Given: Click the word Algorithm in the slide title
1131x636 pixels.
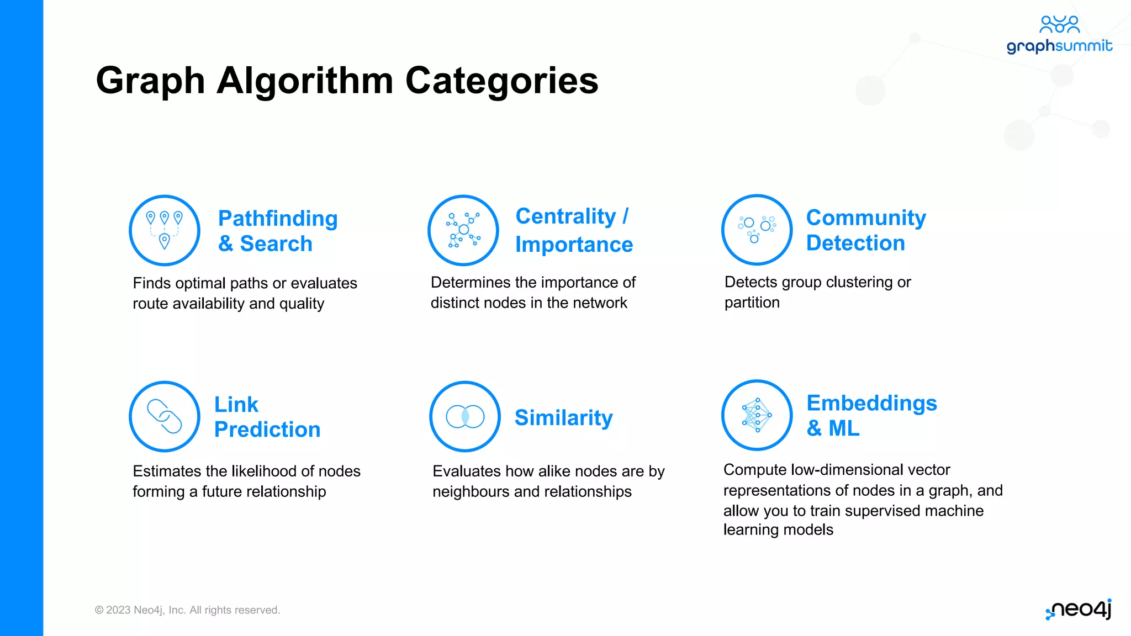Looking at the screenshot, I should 304,81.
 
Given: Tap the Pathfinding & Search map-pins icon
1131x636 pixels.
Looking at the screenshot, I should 164,230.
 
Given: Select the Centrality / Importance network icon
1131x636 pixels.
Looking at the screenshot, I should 463,230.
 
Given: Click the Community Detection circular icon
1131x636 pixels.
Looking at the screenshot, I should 757,230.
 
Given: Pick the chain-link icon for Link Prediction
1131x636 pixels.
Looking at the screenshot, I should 164,416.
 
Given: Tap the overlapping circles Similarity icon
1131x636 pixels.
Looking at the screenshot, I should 465,416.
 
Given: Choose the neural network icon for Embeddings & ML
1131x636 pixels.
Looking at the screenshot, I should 757,415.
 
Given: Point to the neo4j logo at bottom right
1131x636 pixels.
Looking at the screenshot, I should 1079,609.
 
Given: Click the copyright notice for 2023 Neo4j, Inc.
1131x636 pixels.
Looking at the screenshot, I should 187,610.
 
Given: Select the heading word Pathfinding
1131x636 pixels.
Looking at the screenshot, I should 278,219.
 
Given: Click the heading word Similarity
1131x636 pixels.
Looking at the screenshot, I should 563,417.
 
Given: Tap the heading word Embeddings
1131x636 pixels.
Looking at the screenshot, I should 871,403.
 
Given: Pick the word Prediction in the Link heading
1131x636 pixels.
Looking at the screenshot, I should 267,430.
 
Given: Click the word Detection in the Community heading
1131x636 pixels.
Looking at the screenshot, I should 855,243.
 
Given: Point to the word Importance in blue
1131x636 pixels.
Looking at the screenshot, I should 574,245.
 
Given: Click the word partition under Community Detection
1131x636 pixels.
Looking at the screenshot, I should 752,303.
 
